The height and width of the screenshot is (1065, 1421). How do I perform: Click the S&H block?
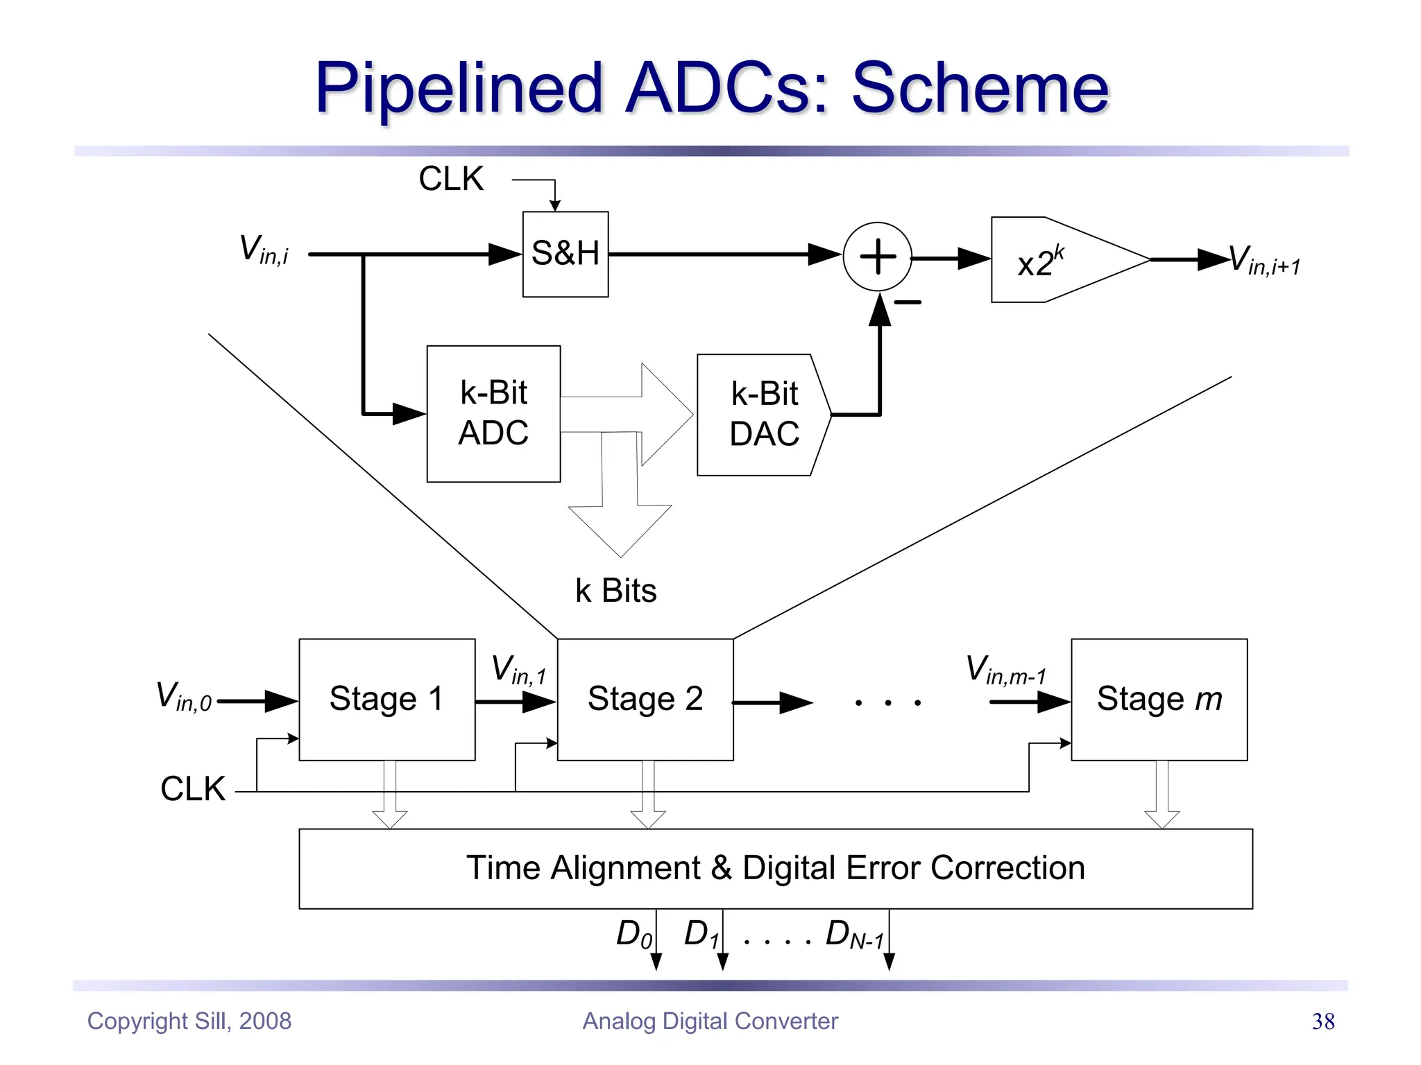[x=565, y=254]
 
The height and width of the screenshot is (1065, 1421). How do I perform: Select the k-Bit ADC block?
[x=493, y=413]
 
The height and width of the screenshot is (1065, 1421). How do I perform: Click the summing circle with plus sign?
[x=878, y=257]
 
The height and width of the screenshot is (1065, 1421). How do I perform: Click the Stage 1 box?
[x=386, y=699]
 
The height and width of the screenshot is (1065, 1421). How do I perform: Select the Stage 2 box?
[x=645, y=699]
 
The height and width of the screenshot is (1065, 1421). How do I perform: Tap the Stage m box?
[x=1159, y=699]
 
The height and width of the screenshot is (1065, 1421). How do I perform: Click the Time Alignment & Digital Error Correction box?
[x=775, y=868]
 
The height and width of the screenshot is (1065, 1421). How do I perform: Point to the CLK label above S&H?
[x=451, y=179]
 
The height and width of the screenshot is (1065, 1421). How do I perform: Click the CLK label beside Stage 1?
[x=193, y=789]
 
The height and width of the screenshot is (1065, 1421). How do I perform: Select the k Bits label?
[x=615, y=591]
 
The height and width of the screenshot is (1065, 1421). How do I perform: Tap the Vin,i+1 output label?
[x=1264, y=261]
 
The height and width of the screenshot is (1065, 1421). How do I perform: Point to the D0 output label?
[x=633, y=934]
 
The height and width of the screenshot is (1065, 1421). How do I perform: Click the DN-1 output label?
[x=854, y=935]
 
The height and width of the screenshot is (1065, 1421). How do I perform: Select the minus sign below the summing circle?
[x=908, y=302]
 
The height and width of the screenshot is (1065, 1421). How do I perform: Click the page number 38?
[x=1323, y=1021]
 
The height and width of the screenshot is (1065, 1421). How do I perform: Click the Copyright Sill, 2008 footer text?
[x=189, y=1021]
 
